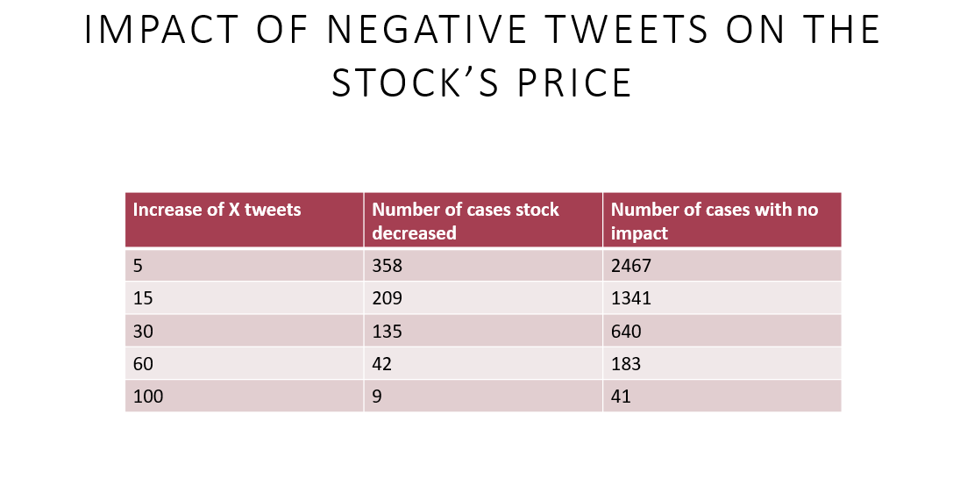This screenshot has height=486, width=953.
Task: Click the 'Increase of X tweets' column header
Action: point(217,210)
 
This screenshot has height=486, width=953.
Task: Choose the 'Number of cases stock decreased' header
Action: point(466,221)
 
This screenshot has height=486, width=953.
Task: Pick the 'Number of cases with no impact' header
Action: point(714,221)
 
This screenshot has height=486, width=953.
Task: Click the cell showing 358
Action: point(388,266)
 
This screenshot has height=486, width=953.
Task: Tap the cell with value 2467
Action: point(631,266)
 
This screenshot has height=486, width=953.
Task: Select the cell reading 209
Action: point(388,298)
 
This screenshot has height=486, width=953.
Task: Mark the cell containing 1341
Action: point(631,298)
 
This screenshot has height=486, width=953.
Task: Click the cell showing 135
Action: point(388,332)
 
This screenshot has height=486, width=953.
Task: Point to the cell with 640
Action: point(626,332)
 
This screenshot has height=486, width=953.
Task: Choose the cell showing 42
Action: point(382,364)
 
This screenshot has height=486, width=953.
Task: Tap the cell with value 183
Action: point(626,364)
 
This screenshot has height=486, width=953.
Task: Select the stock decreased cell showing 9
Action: point(377,397)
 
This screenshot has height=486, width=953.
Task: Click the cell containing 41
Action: point(621,397)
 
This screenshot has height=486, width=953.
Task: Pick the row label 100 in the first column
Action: point(148,397)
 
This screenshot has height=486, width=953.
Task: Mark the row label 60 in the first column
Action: point(143,364)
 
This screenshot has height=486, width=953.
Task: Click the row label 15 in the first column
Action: point(143,298)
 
